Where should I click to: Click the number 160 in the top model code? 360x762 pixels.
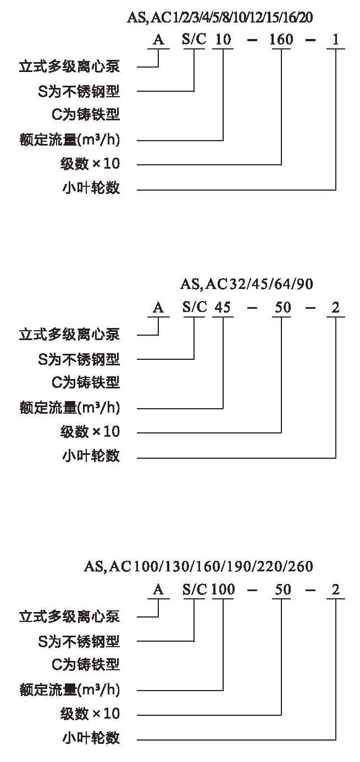point(281,40)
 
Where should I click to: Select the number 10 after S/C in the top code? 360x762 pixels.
point(223,40)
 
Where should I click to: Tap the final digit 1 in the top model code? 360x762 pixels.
point(335,40)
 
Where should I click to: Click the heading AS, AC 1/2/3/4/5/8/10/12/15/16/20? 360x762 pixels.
point(220,18)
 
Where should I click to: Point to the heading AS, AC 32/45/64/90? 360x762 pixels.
point(247,284)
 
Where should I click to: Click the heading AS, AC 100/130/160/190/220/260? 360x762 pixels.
point(198,566)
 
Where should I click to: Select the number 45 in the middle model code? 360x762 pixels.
point(223,308)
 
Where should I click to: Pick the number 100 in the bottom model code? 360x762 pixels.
point(223,589)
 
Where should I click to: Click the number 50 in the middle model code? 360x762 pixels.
point(283,308)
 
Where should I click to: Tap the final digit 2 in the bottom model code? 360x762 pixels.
point(335,589)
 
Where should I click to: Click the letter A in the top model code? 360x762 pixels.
point(158,40)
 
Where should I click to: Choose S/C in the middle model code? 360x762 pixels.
point(195,308)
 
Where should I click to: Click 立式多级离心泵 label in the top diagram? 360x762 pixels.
point(69,66)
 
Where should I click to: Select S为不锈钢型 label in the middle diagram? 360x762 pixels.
point(79,359)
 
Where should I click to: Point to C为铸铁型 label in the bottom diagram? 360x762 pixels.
point(86,665)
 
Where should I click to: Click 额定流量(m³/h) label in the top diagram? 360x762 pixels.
point(70,140)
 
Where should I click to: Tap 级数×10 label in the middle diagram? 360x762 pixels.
point(90,432)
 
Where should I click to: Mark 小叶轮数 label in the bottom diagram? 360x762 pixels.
point(91,738)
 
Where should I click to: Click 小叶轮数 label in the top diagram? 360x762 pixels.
point(91,188)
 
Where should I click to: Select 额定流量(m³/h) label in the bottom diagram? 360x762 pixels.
point(70,690)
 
